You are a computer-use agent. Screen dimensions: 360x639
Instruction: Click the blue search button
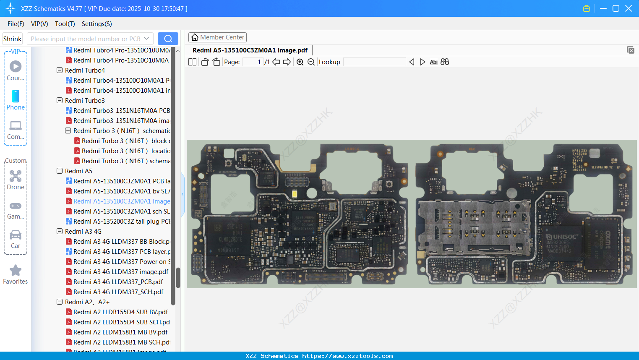[168, 39]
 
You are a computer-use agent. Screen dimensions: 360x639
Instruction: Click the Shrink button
[13, 39]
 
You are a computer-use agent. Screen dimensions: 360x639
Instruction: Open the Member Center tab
[217, 37]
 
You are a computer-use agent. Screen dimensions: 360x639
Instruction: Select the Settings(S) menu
[97, 24]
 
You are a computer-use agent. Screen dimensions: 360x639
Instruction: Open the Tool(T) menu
[65, 24]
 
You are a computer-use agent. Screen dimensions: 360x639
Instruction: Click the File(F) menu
[16, 24]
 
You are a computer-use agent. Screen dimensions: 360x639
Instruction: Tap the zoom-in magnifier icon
[300, 62]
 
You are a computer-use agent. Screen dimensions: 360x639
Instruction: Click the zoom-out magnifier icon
[311, 62]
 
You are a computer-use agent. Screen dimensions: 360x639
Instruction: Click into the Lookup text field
[374, 62]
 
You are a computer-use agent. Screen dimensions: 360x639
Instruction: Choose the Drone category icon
[16, 176]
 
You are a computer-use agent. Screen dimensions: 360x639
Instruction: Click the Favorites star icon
[16, 271]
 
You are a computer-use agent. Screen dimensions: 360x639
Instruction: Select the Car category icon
[16, 235]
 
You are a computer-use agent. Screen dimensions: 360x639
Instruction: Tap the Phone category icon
[16, 97]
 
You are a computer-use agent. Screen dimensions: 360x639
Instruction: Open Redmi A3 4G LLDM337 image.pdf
[121, 272]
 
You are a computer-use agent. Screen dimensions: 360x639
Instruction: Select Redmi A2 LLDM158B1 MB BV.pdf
[120, 332]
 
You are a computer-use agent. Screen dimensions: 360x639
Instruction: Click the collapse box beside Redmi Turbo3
[60, 101]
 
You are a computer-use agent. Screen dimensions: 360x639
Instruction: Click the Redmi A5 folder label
[78, 171]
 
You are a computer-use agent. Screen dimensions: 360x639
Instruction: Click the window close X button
[629, 8]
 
